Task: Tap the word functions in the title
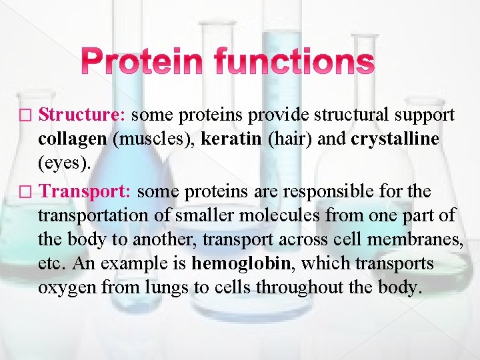[295, 63]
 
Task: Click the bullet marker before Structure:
[27, 116]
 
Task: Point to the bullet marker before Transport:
[27, 193]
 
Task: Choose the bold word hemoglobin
[241, 263]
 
